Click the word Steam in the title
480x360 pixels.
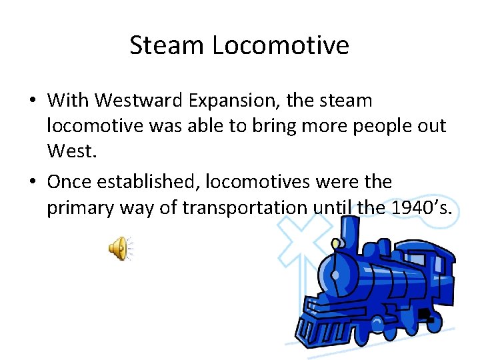167,46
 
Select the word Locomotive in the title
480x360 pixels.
280,46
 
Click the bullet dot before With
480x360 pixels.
32,101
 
